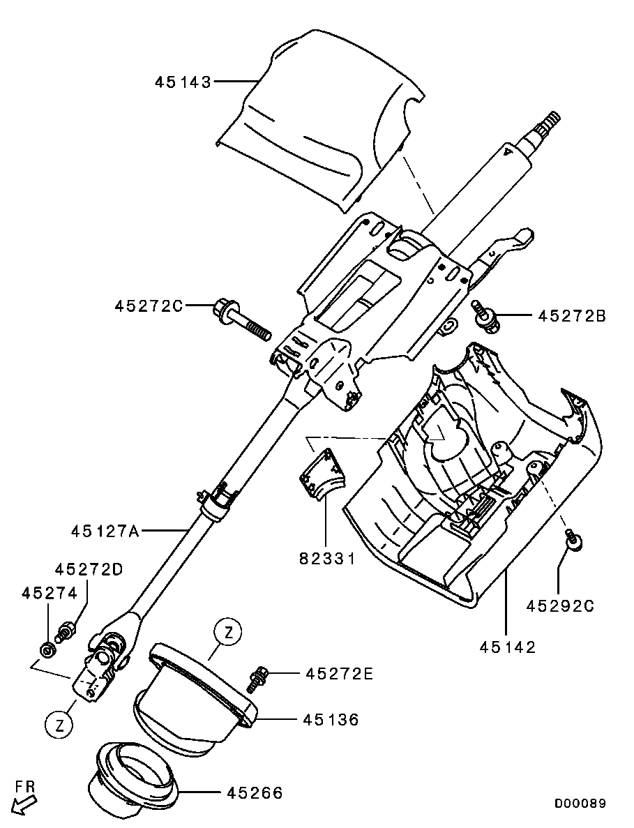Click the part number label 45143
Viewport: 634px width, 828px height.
coord(183,82)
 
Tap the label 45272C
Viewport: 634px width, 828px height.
coord(149,306)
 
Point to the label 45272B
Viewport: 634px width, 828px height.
coord(572,316)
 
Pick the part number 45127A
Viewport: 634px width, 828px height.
coord(105,531)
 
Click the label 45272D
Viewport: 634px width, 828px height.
coord(89,569)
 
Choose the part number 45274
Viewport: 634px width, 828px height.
coord(50,593)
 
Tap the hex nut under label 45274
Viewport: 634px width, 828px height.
coord(47,649)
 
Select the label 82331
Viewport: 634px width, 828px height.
coord(327,558)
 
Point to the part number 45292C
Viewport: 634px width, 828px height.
coord(560,605)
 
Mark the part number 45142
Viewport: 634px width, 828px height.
coord(508,647)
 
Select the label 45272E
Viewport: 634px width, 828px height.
coord(340,674)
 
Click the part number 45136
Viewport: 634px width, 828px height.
coord(331,719)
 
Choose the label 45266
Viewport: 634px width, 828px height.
coord(255,792)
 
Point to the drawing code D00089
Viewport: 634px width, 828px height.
coord(580,803)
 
